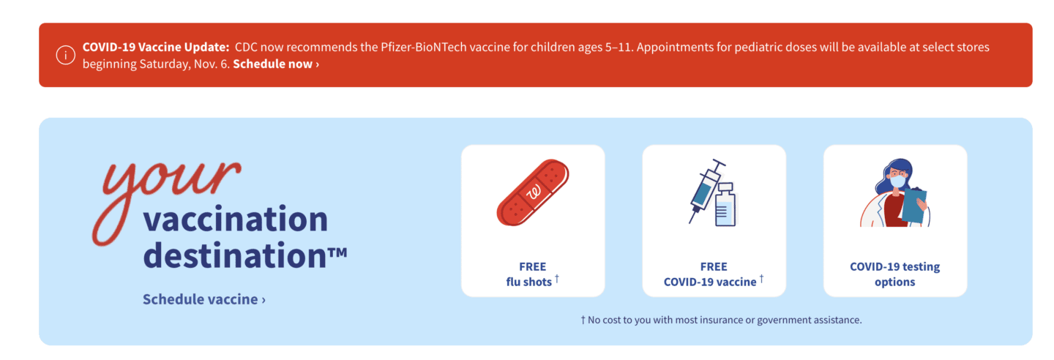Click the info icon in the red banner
click(65, 55)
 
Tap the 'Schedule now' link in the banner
click(276, 64)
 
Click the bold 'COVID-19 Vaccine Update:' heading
click(156, 47)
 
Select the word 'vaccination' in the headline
click(235, 219)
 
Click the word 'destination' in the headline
click(235, 255)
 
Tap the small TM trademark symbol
click(337, 252)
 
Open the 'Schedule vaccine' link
click(204, 299)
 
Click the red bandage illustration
click(533, 192)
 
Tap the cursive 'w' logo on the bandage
click(534, 192)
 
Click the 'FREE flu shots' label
click(533, 274)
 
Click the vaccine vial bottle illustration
click(725, 205)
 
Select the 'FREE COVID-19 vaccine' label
click(714, 274)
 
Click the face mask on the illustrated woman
click(898, 181)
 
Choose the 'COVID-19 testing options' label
click(894, 274)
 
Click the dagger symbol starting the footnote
click(583, 320)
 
